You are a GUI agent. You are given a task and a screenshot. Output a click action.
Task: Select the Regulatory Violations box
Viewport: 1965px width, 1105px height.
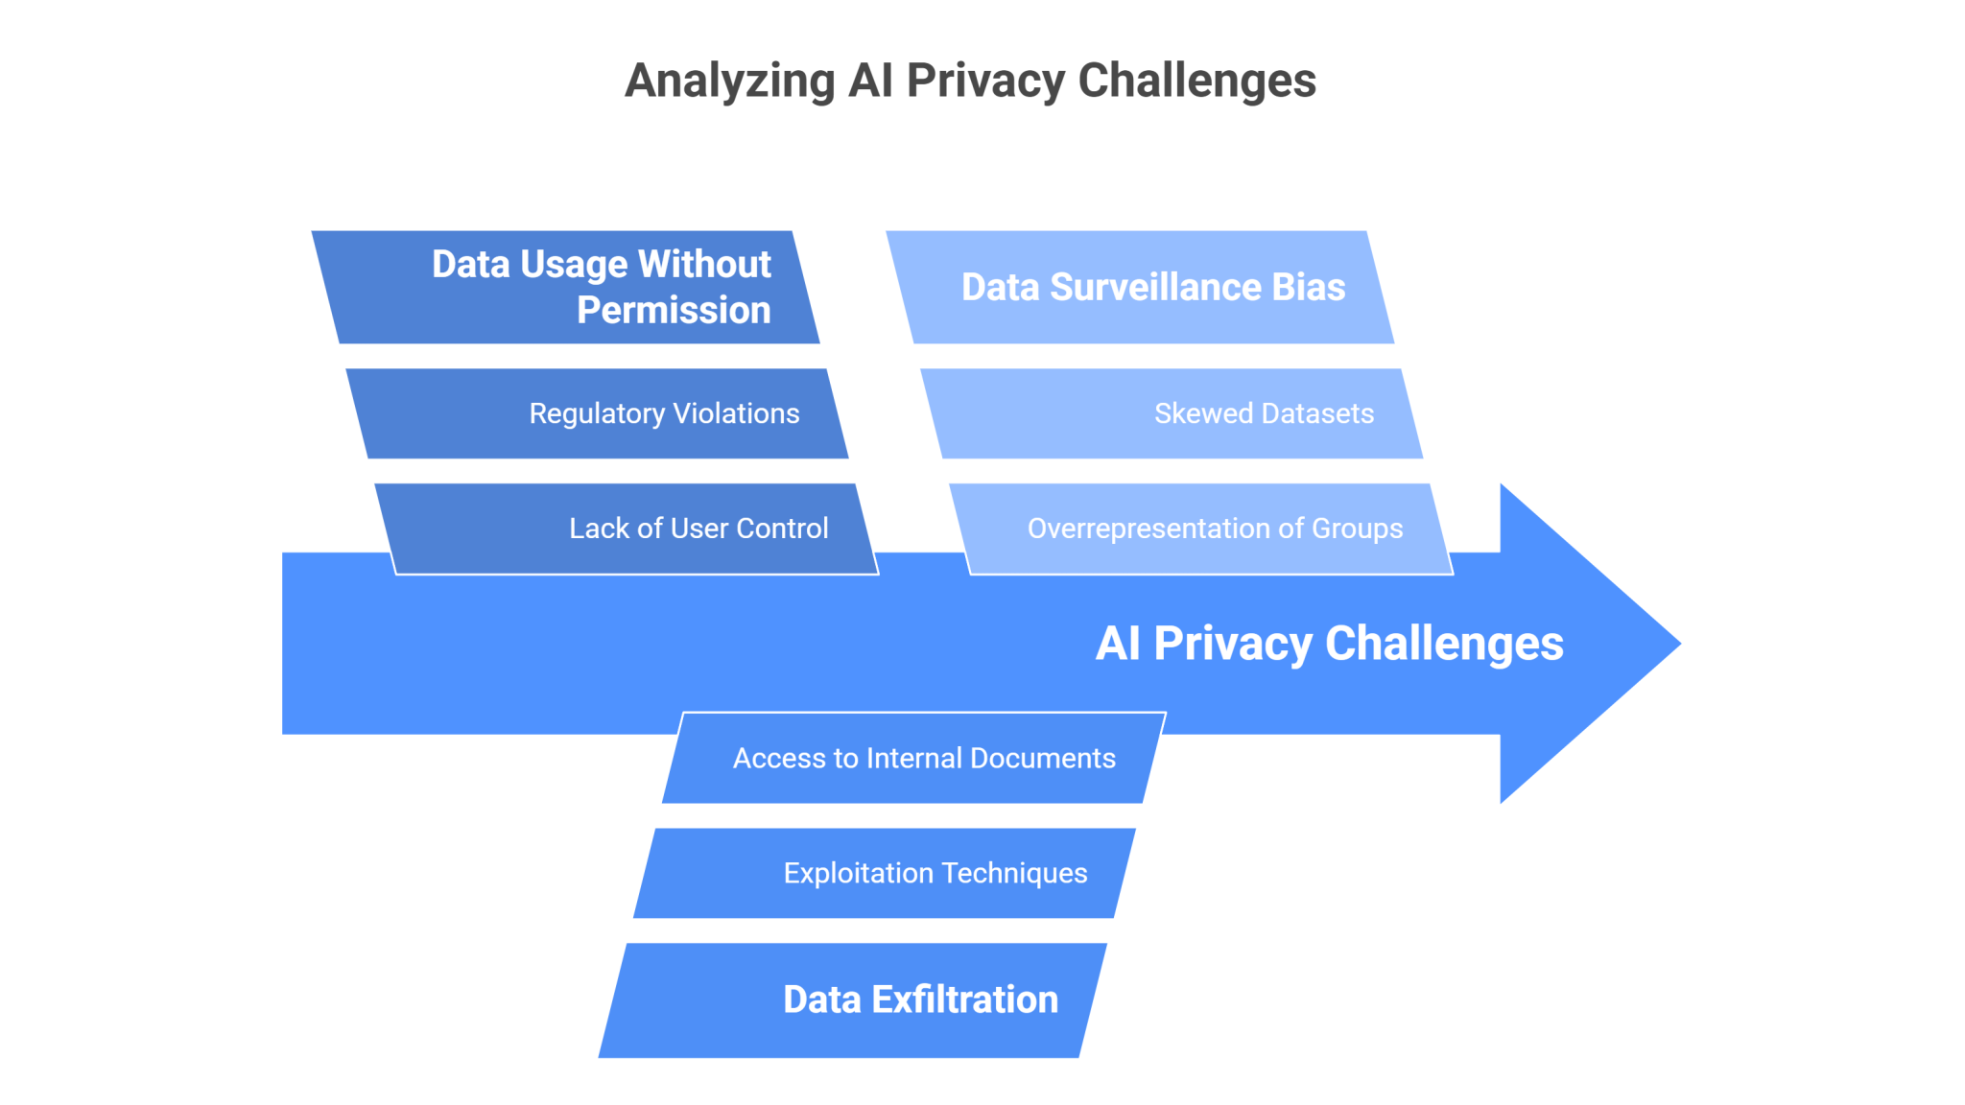pos(597,413)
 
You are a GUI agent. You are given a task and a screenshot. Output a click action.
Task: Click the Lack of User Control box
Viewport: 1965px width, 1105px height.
pos(626,529)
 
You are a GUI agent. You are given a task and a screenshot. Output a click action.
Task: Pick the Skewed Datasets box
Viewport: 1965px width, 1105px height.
pos(1171,413)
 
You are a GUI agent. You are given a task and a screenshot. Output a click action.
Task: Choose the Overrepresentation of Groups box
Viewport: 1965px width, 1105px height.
pos(1201,529)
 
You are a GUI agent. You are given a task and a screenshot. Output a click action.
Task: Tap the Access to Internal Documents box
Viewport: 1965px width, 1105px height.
pos(913,758)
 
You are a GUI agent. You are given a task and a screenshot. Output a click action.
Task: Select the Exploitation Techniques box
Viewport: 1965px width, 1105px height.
pos(885,873)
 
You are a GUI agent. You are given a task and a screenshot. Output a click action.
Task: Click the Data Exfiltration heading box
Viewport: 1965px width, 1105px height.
pos(853,999)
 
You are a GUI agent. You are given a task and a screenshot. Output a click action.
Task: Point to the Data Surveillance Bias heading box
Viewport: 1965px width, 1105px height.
pos(1140,287)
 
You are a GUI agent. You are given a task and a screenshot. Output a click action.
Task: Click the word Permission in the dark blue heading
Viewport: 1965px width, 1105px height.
pos(674,311)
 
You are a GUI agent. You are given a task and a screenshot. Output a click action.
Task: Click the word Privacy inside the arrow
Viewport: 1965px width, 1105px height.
pos(1232,644)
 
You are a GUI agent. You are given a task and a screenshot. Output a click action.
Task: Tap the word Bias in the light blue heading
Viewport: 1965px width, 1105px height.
pos(1309,287)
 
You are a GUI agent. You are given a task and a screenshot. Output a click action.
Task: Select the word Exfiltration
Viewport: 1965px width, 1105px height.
pos(964,999)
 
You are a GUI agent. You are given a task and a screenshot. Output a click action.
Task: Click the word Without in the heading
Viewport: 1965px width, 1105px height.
pos(704,264)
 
